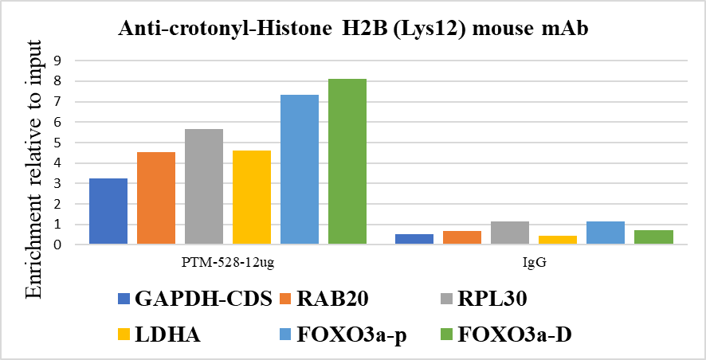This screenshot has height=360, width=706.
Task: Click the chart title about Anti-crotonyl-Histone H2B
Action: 352,29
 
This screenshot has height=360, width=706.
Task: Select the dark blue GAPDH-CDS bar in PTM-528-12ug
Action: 108,211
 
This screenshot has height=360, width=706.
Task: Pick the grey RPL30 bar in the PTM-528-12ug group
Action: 204,186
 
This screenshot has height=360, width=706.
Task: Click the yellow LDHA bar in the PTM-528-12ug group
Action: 252,197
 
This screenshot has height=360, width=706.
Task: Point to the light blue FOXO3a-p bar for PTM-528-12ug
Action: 300,169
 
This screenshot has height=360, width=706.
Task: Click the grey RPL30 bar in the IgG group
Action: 510,233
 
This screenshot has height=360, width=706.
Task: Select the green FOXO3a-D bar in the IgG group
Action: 653,237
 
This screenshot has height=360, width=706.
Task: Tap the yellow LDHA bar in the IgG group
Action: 558,240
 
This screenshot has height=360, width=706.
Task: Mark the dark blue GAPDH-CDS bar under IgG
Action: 414,239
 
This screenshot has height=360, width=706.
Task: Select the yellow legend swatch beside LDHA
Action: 123,335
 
